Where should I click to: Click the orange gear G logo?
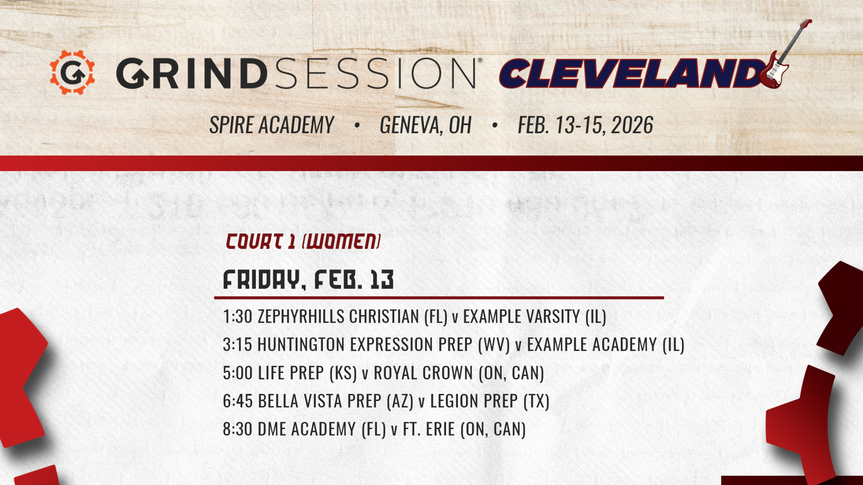point(72,73)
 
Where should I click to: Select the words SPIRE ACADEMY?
point(271,125)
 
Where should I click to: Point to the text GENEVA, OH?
point(426,125)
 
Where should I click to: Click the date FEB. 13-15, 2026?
point(585,125)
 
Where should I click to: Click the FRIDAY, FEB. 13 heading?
point(308,280)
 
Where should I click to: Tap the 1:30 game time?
point(238,317)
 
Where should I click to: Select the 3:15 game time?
point(238,344)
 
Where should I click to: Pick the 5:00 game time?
point(238,373)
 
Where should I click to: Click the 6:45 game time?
point(238,401)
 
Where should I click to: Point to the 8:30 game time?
point(238,429)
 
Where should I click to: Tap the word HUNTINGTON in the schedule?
point(301,344)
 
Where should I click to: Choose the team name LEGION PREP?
point(474,401)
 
